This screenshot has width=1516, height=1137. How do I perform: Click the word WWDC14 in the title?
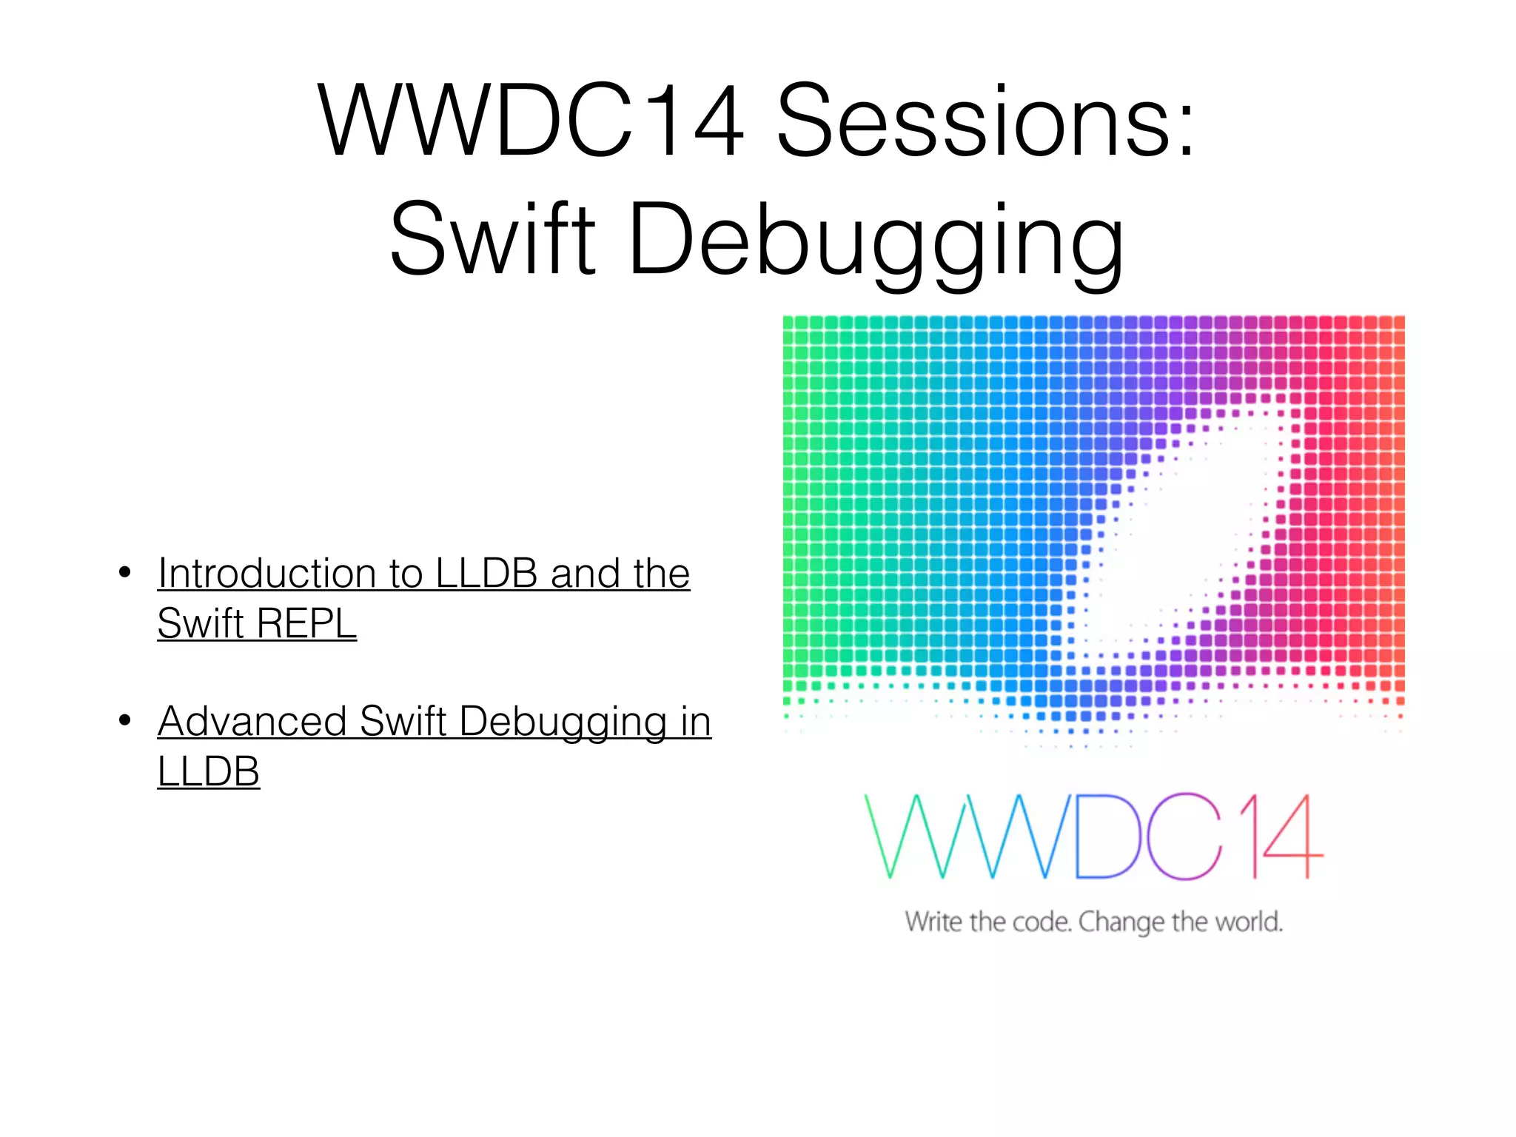[530, 121]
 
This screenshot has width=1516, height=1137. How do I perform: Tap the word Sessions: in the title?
[985, 121]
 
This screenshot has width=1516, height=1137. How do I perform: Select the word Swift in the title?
[492, 239]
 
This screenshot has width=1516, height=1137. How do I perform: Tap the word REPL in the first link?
[306, 623]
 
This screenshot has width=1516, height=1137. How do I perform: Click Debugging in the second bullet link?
[563, 722]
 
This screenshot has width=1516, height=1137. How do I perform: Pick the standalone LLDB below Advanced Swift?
[208, 771]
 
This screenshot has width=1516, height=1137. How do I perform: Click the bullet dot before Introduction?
[125, 572]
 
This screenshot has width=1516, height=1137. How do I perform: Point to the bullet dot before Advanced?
[125, 720]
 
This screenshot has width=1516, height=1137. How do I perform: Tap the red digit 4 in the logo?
[1292, 836]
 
